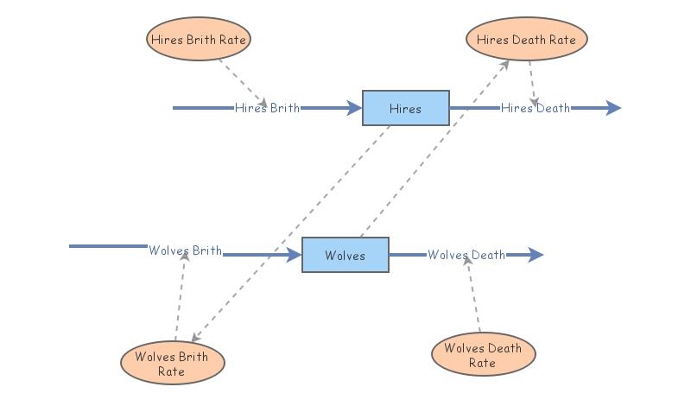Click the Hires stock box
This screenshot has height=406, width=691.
(405, 108)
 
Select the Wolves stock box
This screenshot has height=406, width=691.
(345, 255)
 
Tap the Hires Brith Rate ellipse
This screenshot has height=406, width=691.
(199, 39)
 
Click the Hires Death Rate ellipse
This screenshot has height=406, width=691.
(526, 39)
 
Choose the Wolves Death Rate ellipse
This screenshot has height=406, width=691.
(483, 355)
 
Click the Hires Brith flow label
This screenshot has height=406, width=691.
(268, 108)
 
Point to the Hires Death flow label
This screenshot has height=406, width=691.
(536, 108)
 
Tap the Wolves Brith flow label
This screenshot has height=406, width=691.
(185, 251)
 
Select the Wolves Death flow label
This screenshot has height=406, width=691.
(466, 255)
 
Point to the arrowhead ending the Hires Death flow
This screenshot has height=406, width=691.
(613, 108)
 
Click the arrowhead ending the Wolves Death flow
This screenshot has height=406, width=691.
(536, 255)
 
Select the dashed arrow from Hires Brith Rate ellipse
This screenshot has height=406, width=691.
(242, 81)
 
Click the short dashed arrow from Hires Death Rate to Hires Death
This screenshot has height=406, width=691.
(533, 82)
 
